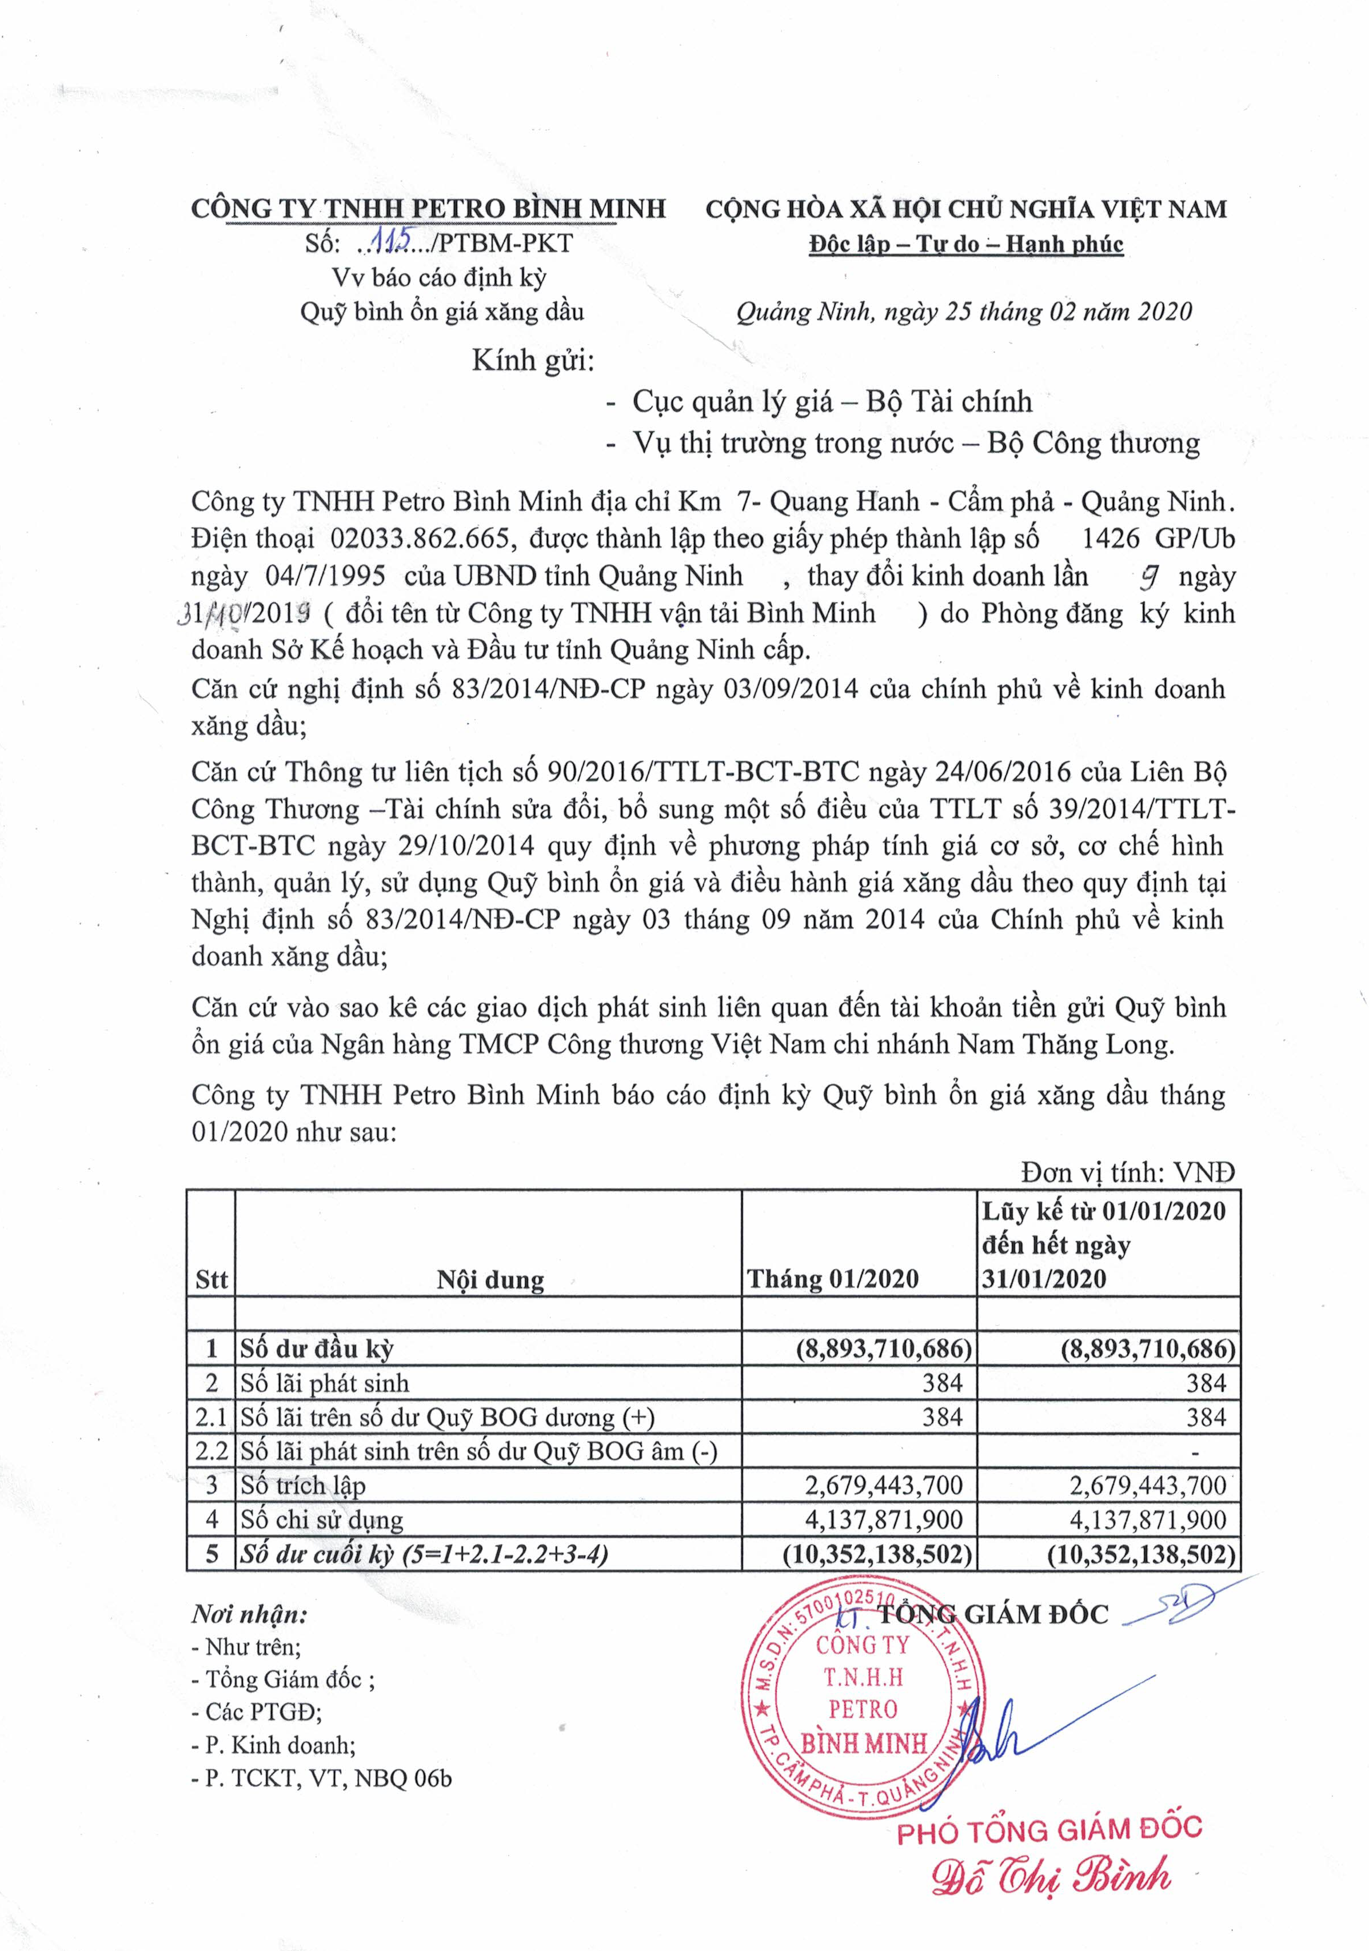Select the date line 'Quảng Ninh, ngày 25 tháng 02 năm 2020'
[x=964, y=312]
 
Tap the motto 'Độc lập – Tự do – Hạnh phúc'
[x=966, y=245]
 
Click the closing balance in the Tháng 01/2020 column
[x=877, y=1554]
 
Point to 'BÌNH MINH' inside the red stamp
[x=863, y=1743]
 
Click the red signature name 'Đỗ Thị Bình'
[x=1051, y=1877]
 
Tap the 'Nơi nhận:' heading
[x=249, y=1614]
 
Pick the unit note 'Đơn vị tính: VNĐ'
[x=1128, y=1172]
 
